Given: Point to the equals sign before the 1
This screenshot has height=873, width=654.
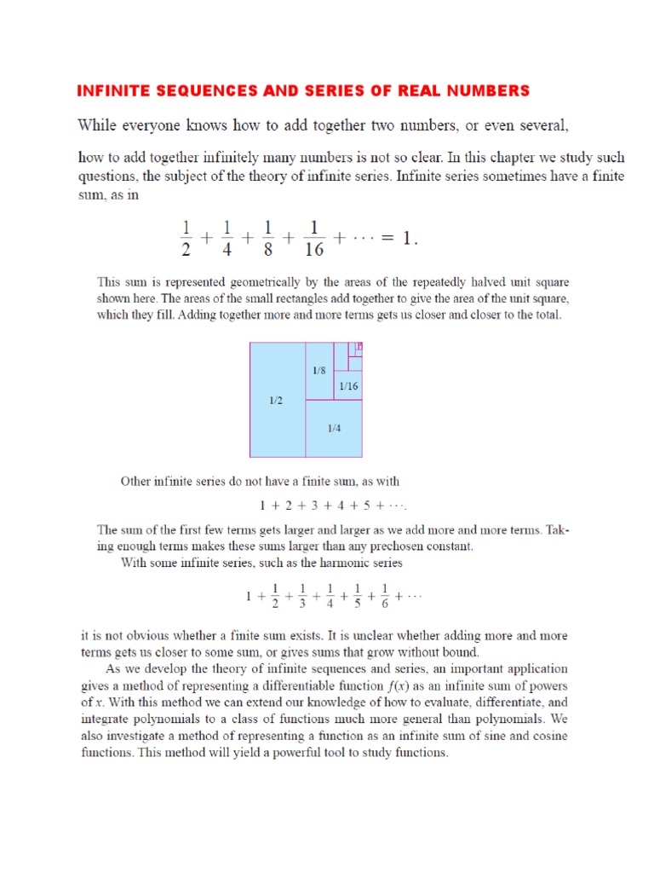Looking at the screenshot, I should point(383,240).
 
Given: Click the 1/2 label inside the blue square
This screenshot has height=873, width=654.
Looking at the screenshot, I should point(276,400).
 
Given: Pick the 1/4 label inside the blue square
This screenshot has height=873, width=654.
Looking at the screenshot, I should point(334,428).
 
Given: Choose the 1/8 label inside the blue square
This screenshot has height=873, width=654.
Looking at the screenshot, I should point(318,371).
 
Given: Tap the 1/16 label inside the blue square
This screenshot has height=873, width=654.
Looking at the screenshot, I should point(348,386).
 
